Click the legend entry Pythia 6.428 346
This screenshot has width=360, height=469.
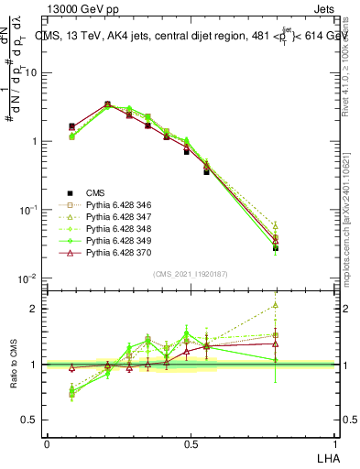(118, 205)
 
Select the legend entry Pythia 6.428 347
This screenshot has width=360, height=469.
(118, 217)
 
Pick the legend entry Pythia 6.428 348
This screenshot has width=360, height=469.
(118, 229)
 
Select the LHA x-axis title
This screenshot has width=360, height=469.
(327, 456)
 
